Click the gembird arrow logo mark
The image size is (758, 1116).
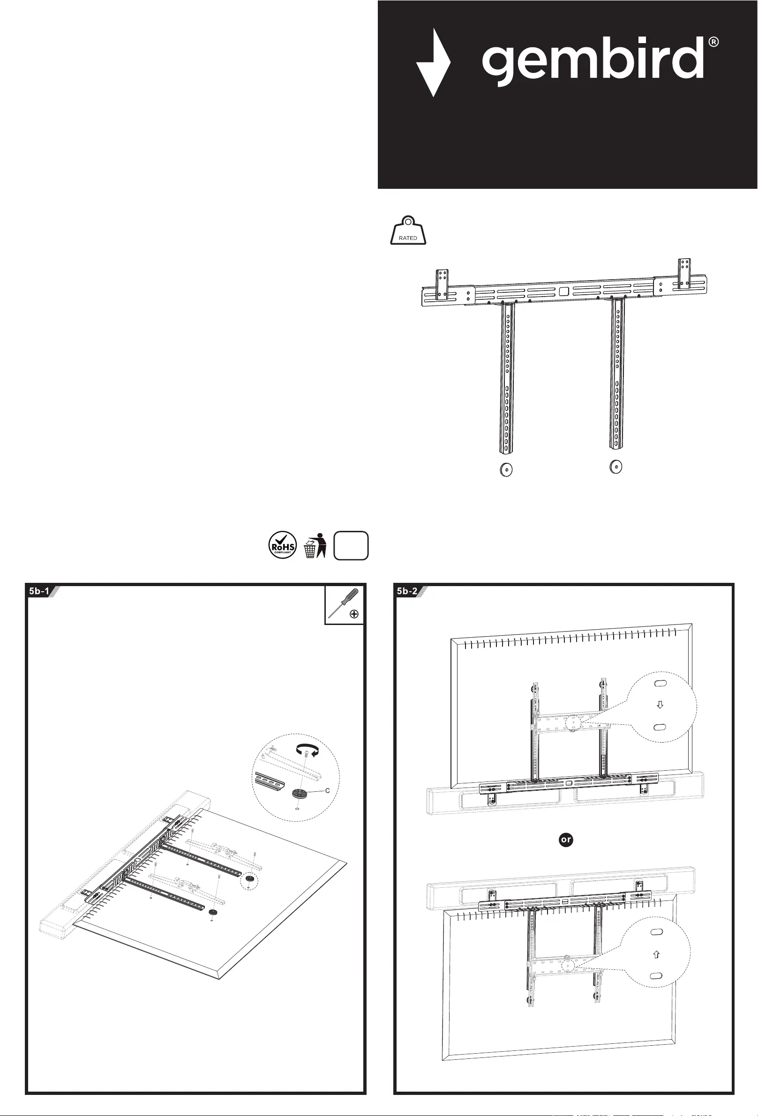[x=433, y=63]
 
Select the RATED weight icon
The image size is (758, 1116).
[x=408, y=231]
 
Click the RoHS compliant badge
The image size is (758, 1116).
[x=283, y=545]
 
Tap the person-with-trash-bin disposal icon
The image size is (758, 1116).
[x=315, y=545]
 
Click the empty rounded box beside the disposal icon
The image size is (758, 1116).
[x=351, y=545]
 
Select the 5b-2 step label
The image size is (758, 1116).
[x=407, y=591]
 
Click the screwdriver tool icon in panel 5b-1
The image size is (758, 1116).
[x=344, y=604]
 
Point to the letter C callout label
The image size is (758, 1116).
[x=328, y=790]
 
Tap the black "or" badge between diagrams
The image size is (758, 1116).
[x=566, y=840]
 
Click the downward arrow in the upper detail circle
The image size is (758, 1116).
[x=660, y=705]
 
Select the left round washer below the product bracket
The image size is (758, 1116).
[x=506, y=469]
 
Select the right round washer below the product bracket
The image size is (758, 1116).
[x=615, y=466]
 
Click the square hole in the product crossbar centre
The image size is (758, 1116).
[x=564, y=291]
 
